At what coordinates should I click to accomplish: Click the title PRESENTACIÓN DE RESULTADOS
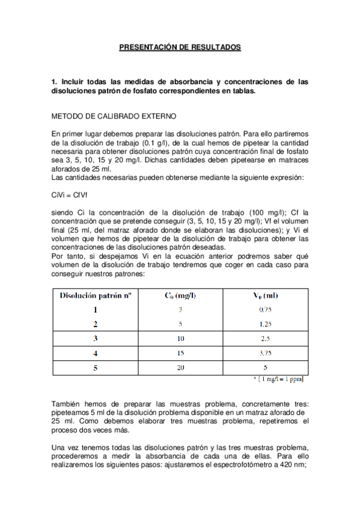point(180,46)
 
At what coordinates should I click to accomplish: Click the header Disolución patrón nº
point(96,295)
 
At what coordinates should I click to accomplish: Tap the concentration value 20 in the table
point(180,367)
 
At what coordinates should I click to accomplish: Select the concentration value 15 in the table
point(180,352)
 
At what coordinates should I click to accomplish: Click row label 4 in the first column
point(96,352)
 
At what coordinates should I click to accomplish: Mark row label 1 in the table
point(96,310)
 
